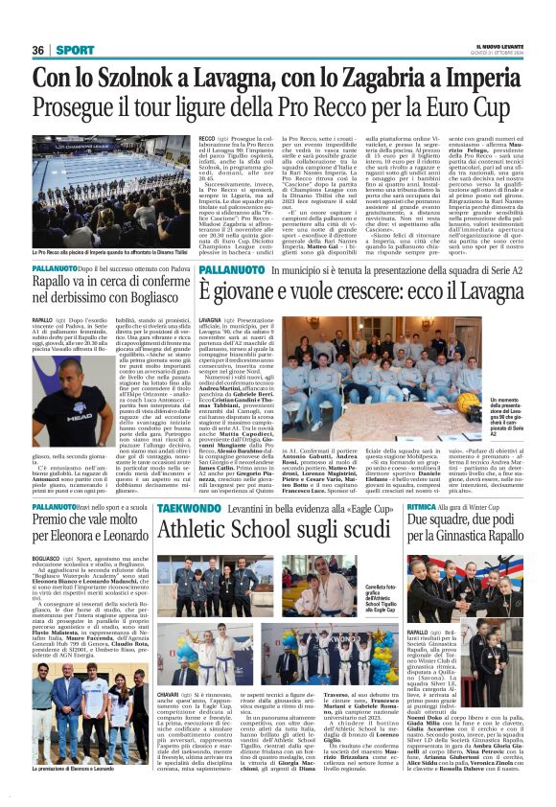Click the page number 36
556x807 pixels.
[x=38, y=49]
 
